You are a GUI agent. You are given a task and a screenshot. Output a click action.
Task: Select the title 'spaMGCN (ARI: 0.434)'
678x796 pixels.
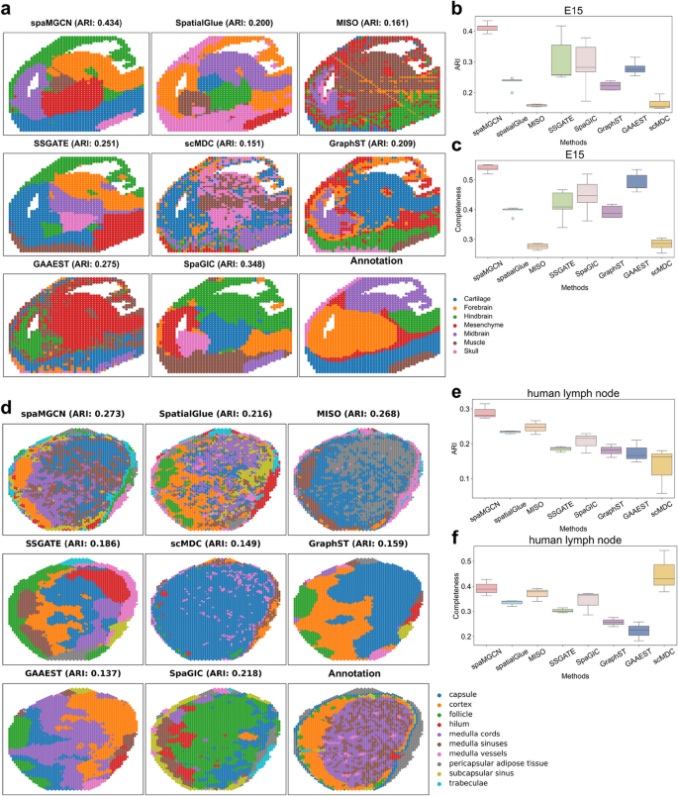(75, 22)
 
